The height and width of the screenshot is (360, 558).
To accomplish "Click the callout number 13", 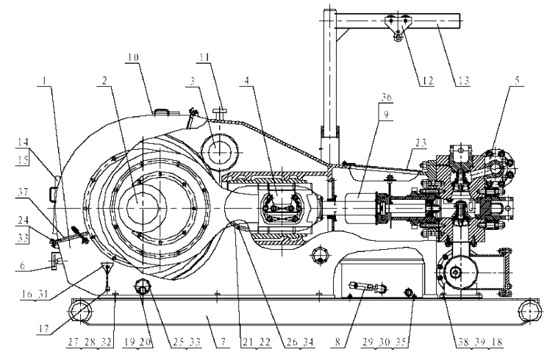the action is (462, 81).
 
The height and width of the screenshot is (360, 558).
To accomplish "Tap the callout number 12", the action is (427, 81).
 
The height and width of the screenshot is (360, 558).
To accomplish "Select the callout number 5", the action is (517, 79).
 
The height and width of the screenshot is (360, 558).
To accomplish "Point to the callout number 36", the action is (387, 97).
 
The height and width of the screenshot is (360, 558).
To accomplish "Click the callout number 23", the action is (421, 143).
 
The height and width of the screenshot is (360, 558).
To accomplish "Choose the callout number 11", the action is (204, 57).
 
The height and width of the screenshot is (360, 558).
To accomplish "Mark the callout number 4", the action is (246, 81).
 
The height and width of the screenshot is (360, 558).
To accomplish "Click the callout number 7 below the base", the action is (223, 342).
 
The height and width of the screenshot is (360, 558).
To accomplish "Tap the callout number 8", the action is (337, 342).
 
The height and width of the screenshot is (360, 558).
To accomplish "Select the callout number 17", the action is (44, 330).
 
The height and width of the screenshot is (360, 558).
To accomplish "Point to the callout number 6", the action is (22, 266).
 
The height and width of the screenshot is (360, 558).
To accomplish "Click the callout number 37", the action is (23, 192).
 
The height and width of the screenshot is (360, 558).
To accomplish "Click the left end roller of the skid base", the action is (81, 311).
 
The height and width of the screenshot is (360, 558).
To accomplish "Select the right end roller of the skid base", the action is (530, 311).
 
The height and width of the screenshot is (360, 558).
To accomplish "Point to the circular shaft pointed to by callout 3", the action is (220, 152).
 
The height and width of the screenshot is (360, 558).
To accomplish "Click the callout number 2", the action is (104, 81).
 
